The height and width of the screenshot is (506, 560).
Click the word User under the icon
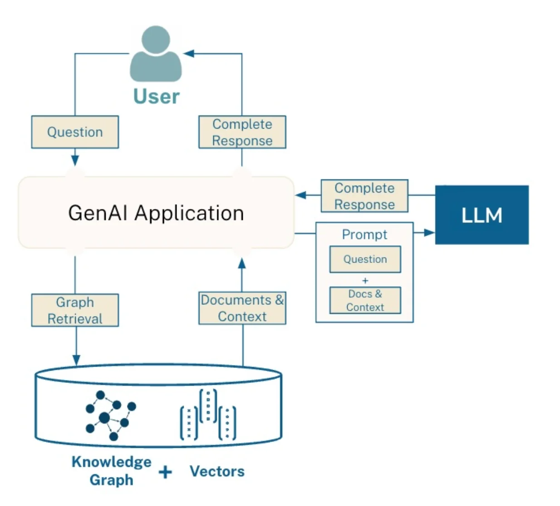(x=156, y=96)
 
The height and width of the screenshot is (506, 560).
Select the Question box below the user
(x=75, y=132)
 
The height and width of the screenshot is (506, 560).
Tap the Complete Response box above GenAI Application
(x=242, y=132)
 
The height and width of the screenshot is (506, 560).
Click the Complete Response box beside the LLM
(x=364, y=196)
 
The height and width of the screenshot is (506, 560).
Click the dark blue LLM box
(x=481, y=215)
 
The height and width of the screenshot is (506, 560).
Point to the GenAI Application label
(x=156, y=213)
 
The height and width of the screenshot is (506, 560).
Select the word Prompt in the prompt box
(x=364, y=234)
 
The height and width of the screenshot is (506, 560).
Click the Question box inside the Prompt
(x=365, y=259)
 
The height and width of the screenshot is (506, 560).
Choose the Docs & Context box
(x=365, y=300)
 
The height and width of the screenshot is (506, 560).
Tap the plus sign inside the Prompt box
(x=365, y=280)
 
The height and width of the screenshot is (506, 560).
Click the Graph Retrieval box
(x=75, y=310)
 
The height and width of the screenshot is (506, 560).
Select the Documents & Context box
(x=242, y=308)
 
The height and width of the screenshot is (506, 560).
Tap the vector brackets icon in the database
(x=208, y=415)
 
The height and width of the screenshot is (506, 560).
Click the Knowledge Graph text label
(x=111, y=471)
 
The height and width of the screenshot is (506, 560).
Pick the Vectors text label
(x=217, y=471)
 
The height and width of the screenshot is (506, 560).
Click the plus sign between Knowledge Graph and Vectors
(x=165, y=472)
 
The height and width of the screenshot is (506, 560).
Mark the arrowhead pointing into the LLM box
(x=429, y=233)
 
